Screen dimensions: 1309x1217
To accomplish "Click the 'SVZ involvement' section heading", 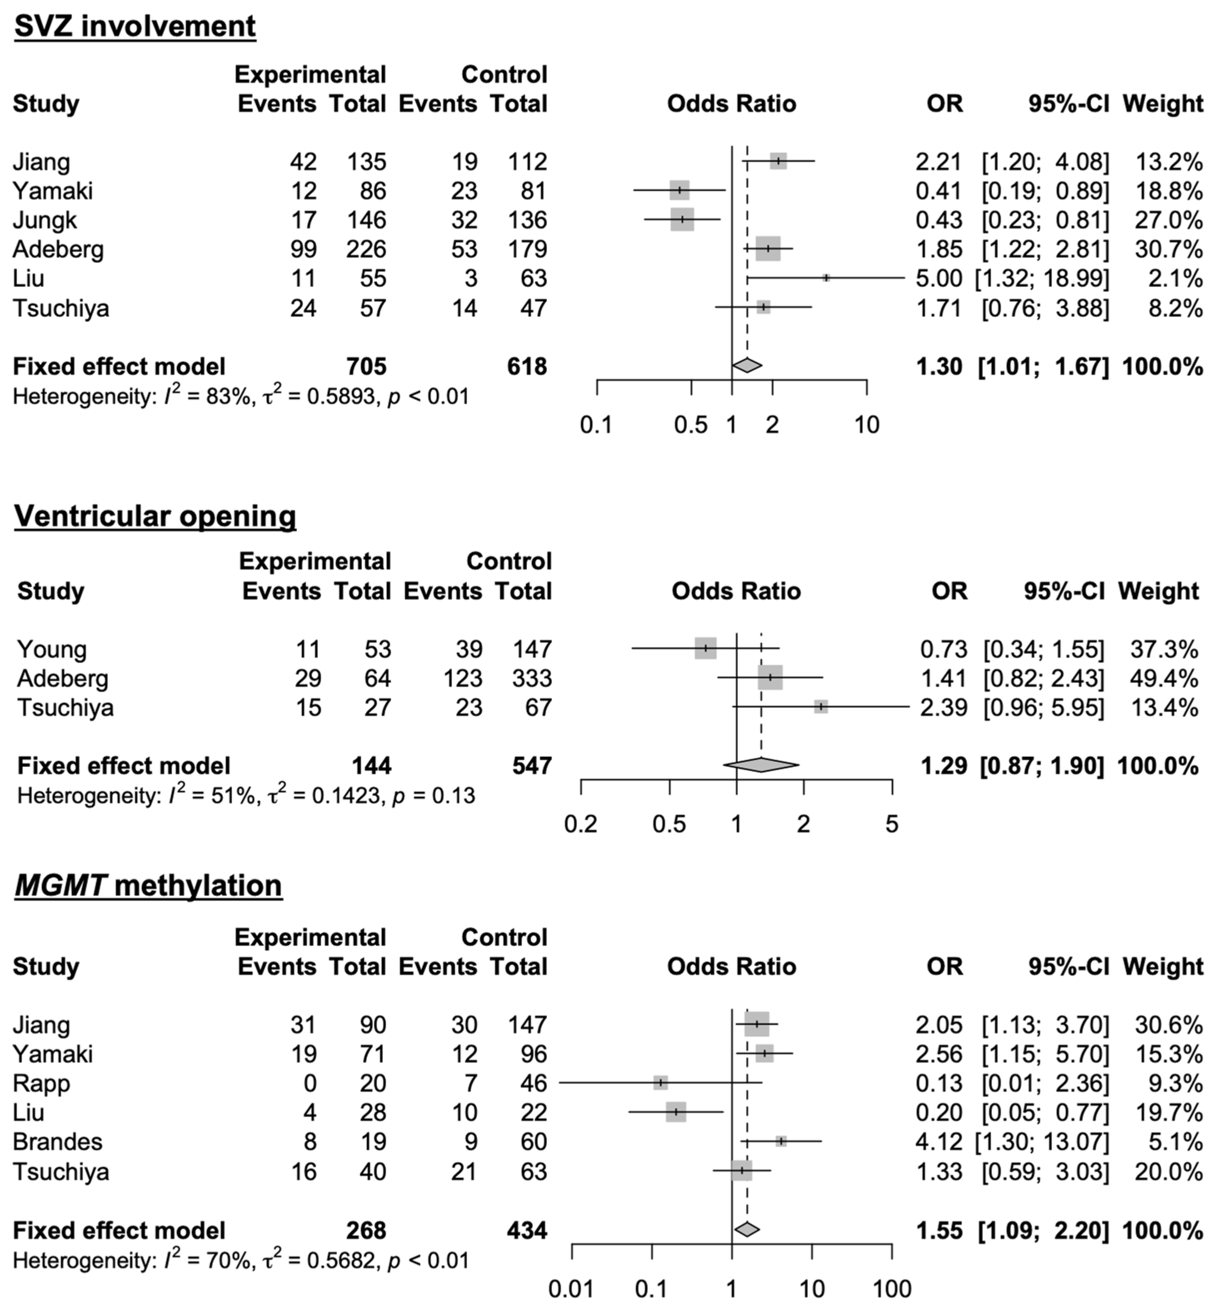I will pyautogui.click(x=135, y=26).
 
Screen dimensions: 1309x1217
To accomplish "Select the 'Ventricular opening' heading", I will pyautogui.click(x=155, y=516).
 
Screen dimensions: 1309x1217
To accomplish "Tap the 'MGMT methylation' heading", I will pyautogui.click(x=148, y=886).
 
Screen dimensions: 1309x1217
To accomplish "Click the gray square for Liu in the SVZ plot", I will pyautogui.click(x=826, y=278).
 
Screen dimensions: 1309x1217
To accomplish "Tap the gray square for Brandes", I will pyautogui.click(x=781, y=1141).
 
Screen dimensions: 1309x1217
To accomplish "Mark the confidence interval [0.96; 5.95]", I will pyautogui.click(x=1043, y=708).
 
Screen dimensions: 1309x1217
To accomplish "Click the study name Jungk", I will pyautogui.click(x=45, y=220).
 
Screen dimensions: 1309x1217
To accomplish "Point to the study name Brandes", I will pyautogui.click(x=58, y=1142).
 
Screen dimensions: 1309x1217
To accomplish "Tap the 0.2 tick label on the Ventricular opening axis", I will pyautogui.click(x=581, y=824).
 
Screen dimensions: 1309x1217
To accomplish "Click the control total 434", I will pyautogui.click(x=527, y=1231).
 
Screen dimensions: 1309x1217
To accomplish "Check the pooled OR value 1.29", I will pyautogui.click(x=944, y=766).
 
